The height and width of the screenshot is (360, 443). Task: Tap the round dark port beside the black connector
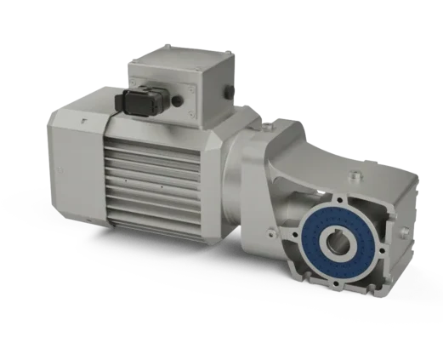[178, 100]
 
